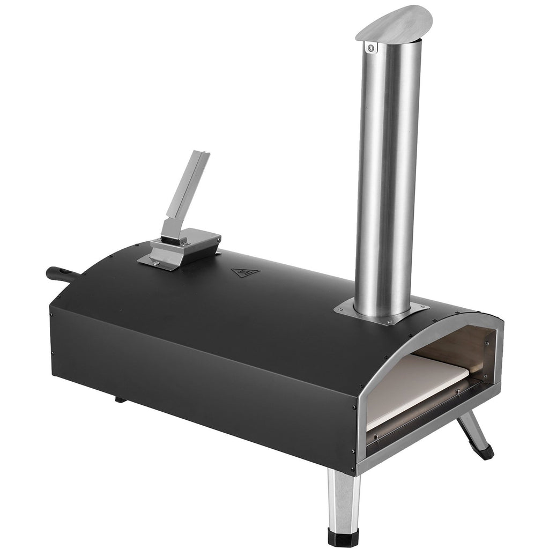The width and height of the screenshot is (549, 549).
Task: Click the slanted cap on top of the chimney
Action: click(x=394, y=22)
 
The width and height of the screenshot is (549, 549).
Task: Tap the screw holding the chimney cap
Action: click(x=369, y=49)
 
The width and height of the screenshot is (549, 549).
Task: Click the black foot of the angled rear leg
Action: click(x=486, y=452)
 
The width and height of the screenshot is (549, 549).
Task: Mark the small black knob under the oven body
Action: click(x=120, y=399)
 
